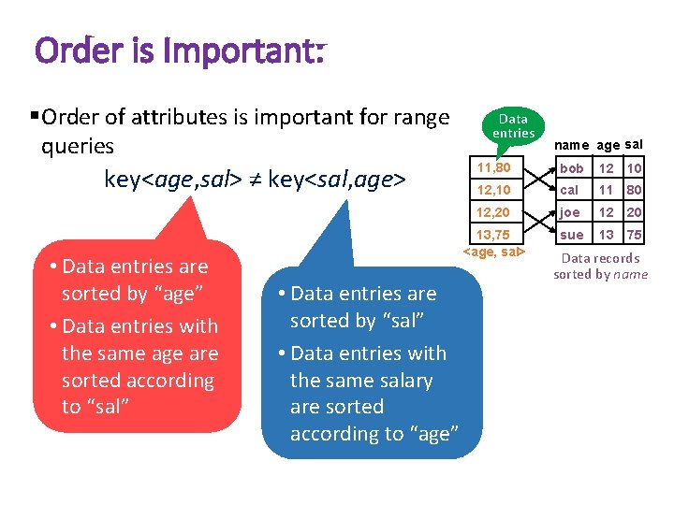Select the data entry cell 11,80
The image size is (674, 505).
(x=494, y=168)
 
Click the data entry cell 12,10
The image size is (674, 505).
(x=494, y=190)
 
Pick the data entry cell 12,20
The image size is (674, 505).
(x=494, y=212)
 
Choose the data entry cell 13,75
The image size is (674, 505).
(x=494, y=235)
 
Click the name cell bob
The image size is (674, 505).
(x=571, y=168)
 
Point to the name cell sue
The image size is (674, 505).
(x=571, y=235)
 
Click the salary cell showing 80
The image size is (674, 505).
(x=635, y=190)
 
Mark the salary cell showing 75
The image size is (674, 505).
(x=635, y=235)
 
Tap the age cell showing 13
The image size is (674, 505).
(x=607, y=235)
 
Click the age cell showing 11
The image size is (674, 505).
(x=607, y=190)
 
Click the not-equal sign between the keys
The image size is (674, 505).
(x=255, y=180)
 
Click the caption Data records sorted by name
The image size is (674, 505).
(x=600, y=267)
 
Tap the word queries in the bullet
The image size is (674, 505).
(x=78, y=147)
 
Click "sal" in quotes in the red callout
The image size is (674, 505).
(x=108, y=407)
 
